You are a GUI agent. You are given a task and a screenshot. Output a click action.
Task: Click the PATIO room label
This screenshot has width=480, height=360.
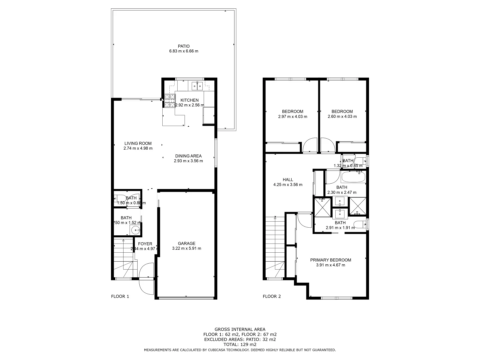[x=184, y=46]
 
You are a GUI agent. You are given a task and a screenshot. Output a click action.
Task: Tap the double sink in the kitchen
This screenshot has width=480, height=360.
[x=197, y=86]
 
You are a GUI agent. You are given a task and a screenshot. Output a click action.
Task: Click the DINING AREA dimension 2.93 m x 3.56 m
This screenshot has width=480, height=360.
[x=188, y=161]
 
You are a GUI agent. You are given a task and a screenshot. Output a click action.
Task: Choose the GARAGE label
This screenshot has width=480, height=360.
[x=186, y=243]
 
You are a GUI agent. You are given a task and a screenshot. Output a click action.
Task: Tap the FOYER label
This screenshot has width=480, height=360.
[x=145, y=244]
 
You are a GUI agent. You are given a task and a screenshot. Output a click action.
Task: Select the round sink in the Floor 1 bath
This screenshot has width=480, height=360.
[x=135, y=230]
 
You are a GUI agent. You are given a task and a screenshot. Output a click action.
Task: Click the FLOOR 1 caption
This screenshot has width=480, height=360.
[x=120, y=296]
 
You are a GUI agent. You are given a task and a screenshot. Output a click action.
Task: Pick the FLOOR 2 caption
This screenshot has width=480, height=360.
[x=272, y=296]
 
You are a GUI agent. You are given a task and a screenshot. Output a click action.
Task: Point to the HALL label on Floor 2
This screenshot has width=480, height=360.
[x=288, y=180]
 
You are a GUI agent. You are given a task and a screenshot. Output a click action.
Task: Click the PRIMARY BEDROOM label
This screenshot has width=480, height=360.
[x=331, y=260]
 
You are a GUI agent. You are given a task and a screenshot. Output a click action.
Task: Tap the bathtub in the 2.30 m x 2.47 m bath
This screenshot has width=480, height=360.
[x=353, y=176]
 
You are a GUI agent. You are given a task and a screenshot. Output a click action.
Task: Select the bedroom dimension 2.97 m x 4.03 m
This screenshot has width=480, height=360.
[x=293, y=117]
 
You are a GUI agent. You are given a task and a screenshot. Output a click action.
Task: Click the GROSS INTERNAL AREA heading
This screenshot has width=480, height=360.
[x=240, y=329]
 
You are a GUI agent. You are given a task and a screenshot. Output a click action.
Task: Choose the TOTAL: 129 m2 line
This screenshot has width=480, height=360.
[x=240, y=344]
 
